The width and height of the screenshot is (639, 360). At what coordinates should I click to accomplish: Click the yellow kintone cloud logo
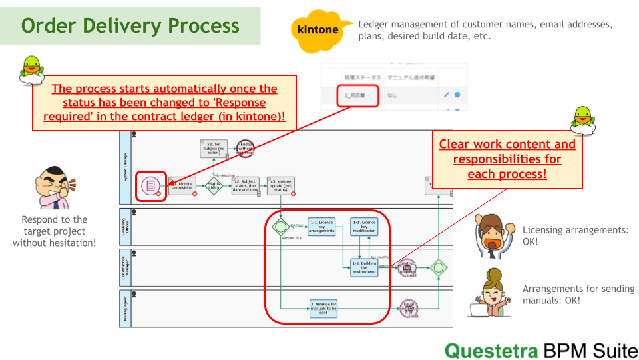(318, 31)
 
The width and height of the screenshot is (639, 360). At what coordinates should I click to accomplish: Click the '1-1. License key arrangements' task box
(321, 227)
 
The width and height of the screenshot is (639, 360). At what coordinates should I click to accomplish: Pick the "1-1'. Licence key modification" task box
(363, 227)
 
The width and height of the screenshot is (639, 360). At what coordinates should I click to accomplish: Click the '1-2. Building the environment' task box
(364, 268)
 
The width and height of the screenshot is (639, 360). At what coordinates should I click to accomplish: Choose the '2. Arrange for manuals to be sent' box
(323, 308)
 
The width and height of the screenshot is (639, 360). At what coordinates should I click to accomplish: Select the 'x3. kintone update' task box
(280, 185)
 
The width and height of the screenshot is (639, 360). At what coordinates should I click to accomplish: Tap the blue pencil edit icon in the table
(446, 95)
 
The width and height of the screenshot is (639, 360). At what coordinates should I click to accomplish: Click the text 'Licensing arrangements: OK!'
(575, 235)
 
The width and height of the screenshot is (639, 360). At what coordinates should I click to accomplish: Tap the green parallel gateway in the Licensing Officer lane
(281, 227)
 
